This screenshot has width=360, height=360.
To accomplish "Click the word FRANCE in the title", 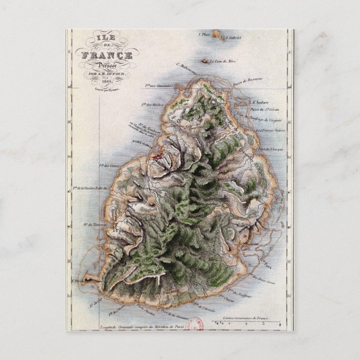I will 107,55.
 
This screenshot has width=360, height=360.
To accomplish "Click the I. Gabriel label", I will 234,38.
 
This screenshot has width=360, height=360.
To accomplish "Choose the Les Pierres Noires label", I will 270,130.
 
